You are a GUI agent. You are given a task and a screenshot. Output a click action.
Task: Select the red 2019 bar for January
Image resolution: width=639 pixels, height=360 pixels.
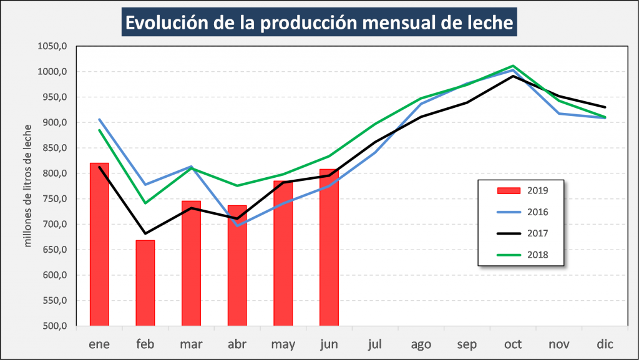[x=99, y=244]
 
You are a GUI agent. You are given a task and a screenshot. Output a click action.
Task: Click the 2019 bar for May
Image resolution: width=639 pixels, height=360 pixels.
[x=283, y=253]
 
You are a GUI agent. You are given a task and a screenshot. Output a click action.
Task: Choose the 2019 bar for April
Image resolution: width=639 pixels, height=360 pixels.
[x=237, y=265]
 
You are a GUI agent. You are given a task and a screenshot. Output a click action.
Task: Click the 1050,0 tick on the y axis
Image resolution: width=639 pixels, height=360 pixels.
[x=52, y=46]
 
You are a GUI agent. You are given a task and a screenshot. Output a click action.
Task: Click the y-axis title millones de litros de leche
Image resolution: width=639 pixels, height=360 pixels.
[x=27, y=185]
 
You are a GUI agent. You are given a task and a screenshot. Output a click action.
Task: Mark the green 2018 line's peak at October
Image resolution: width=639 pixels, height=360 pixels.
[x=512, y=66]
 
